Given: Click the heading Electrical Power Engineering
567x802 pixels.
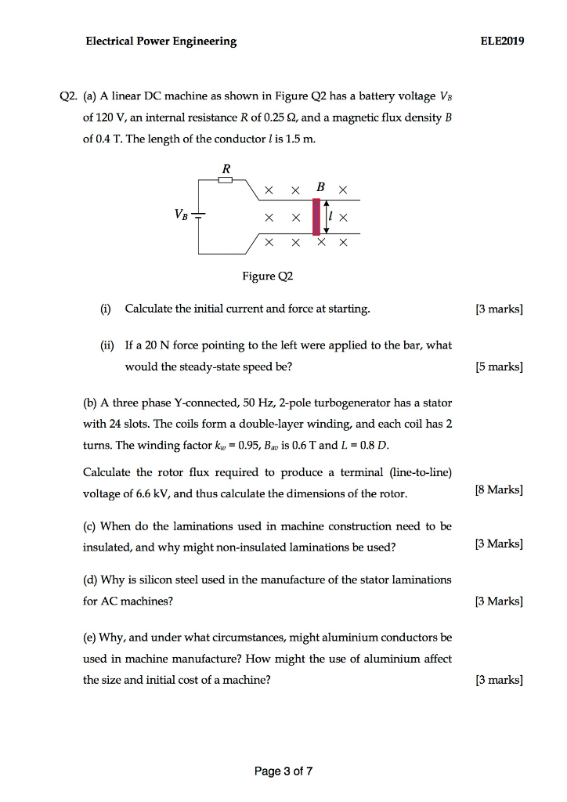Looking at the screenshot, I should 161,42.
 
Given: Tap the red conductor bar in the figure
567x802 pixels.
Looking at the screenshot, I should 316,216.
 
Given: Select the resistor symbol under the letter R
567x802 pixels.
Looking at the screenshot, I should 226,179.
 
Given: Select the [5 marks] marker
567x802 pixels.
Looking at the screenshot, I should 500,366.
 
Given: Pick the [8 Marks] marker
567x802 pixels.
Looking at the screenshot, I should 499,491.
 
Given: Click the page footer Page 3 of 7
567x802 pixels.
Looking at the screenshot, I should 283,771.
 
